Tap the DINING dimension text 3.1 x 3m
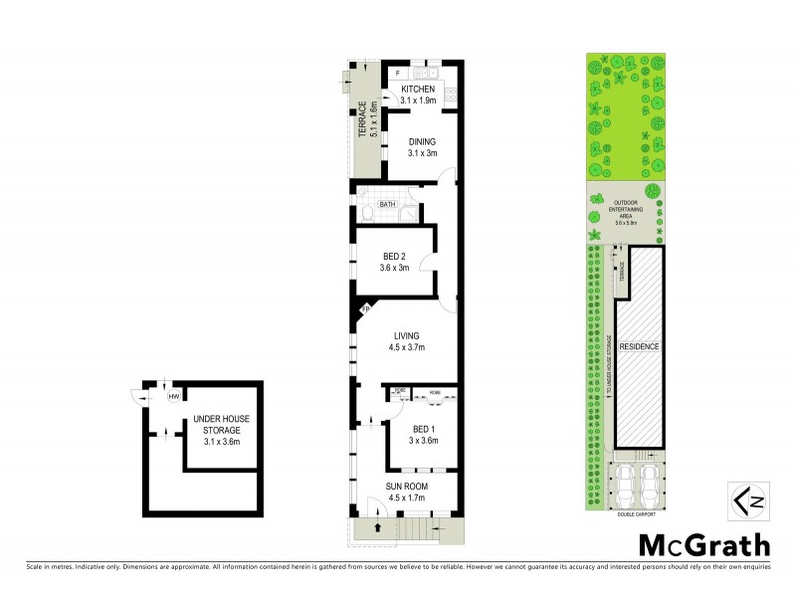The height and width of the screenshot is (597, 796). tap(422, 153)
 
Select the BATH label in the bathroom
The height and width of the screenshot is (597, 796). tap(387, 205)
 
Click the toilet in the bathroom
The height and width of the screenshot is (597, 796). tap(367, 213)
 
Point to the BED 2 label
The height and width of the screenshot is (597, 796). tap(394, 256)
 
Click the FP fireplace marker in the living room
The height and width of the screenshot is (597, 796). tap(365, 310)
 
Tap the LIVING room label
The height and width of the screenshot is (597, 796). tap(405, 335)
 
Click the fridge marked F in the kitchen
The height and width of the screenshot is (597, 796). tap(397, 74)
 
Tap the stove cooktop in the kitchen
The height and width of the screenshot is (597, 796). tap(450, 96)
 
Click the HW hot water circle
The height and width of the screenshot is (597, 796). tap(173, 397)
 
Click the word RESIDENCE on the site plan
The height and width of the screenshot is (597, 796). tap(639, 346)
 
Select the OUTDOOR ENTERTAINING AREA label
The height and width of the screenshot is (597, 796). tap(625, 212)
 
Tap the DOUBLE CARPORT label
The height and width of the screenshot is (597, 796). tap(624, 514)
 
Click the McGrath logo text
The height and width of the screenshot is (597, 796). tap(703, 545)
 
